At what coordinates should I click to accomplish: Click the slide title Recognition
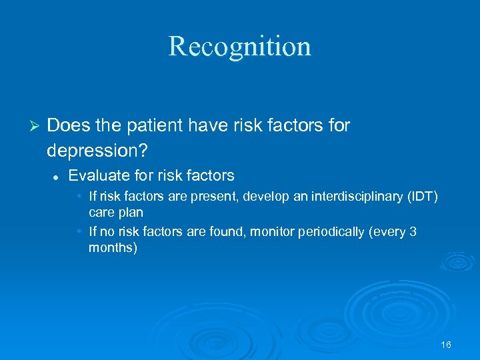coord(239,46)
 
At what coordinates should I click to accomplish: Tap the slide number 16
coord(446,345)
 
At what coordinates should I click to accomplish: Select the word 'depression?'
coord(89,150)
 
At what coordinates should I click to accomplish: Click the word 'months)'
coord(113,247)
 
